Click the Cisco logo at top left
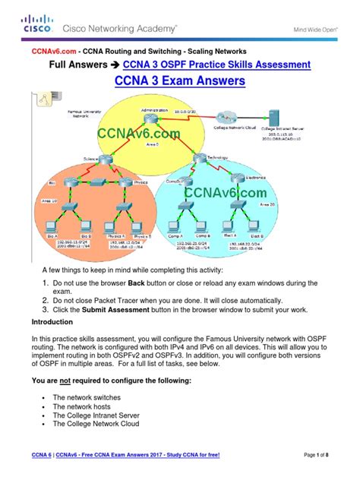coord(35,25)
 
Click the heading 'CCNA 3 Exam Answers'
coord(179,81)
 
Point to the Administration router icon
coord(158,120)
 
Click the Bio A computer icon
coord(54,227)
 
